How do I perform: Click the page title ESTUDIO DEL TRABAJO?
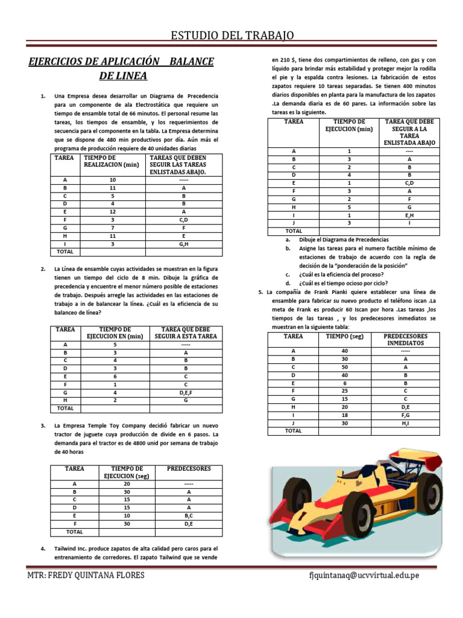tap(232, 36)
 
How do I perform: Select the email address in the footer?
tap(363, 575)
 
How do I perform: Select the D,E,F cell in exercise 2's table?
tap(185, 392)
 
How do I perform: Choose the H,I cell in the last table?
tap(405, 423)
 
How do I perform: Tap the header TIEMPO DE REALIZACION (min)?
tap(112, 161)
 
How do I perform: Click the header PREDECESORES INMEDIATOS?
tap(405, 339)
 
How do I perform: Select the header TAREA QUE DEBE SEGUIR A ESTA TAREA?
tap(185, 333)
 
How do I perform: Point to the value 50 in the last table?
tap(345, 366)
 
